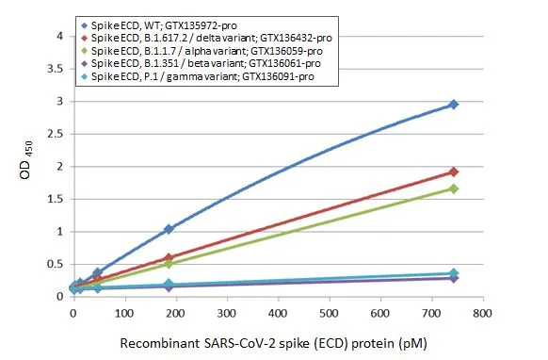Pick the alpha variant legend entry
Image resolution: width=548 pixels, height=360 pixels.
pos(202,49)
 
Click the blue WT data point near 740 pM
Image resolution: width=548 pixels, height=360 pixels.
pos(454,105)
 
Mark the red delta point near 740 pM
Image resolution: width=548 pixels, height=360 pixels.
pos(454,172)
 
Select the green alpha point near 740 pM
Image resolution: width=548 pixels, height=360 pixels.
pos(454,188)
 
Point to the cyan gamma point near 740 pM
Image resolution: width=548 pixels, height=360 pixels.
pos(454,273)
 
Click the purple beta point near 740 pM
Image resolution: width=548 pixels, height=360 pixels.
pos(454,278)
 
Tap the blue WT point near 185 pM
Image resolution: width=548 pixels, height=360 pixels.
pos(169,229)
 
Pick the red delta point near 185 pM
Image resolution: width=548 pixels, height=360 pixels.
pos(169,257)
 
